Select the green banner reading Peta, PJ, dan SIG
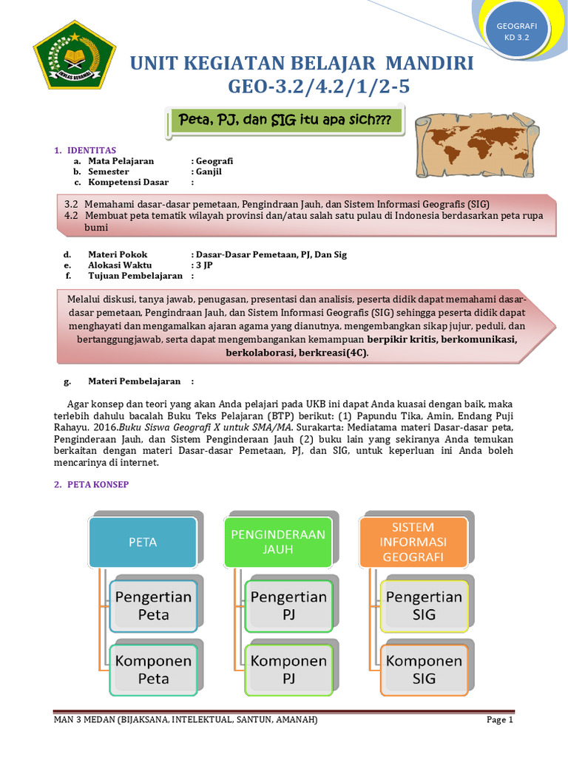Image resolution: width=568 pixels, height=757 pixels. click(286, 120)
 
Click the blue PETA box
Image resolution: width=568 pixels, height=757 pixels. click(143, 542)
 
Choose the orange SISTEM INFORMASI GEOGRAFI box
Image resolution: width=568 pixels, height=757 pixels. click(413, 542)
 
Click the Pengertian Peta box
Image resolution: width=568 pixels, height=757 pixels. click(153, 605)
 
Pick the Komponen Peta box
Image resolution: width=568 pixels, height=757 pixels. click(153, 670)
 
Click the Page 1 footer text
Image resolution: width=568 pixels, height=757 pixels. click(499, 719)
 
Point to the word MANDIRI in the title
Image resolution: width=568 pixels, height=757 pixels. click(427, 64)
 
